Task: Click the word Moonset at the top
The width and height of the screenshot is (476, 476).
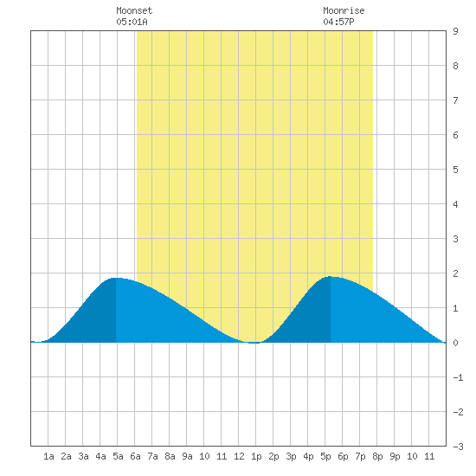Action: click(134, 10)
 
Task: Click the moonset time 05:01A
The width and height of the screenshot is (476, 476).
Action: click(132, 22)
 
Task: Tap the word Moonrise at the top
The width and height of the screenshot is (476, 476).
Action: click(344, 10)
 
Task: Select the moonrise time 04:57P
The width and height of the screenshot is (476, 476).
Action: click(338, 22)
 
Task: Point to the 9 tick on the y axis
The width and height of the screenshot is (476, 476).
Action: click(455, 31)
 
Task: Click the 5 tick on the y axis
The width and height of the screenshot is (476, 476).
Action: click(455, 170)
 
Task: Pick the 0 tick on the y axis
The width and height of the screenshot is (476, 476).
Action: click(455, 343)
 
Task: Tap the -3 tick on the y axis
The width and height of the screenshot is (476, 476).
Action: click(458, 447)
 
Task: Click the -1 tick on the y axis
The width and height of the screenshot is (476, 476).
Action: click(458, 377)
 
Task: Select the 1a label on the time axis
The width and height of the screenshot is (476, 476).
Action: click(48, 456)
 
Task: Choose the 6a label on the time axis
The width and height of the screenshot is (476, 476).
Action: click(135, 456)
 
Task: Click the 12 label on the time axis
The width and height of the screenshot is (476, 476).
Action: click(239, 456)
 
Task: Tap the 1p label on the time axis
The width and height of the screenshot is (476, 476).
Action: click(256, 456)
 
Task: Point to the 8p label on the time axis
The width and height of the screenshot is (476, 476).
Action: click(377, 456)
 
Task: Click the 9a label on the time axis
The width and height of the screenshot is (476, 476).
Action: click(187, 456)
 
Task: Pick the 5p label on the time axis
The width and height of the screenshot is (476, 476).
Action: click(325, 456)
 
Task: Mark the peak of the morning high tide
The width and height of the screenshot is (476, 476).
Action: click(117, 278)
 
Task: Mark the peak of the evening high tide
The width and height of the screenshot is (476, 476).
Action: click(331, 277)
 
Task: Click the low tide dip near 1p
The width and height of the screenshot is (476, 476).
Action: click(254, 343)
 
